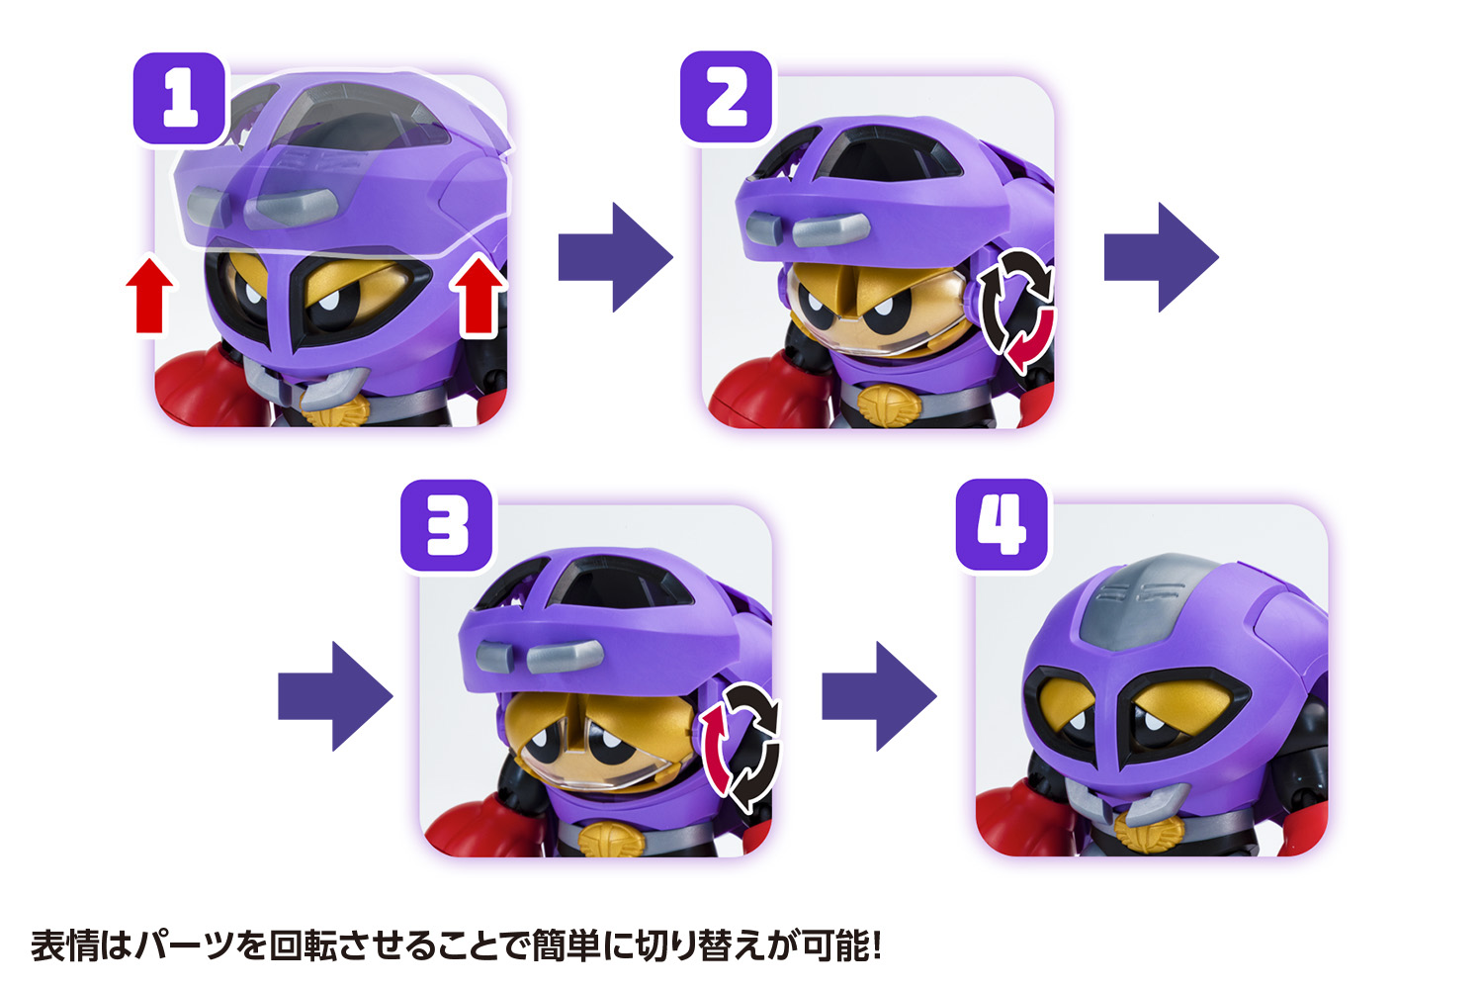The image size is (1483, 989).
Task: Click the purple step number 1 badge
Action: (x=180, y=99)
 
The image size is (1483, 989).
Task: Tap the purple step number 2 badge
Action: (x=727, y=98)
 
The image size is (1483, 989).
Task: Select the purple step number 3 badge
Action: (x=447, y=526)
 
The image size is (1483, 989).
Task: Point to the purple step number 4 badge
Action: (x=1002, y=525)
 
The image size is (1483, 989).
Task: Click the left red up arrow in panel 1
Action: (x=149, y=295)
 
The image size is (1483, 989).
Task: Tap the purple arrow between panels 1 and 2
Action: (x=614, y=257)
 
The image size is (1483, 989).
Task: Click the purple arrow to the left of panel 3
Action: (x=334, y=696)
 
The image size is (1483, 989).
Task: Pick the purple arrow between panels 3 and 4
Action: (x=878, y=696)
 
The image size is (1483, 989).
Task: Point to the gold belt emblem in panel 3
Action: (x=610, y=840)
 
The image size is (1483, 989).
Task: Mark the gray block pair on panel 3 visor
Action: (x=539, y=655)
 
